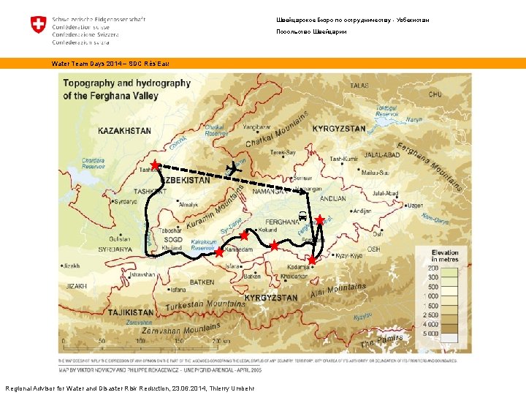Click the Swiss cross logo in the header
click(x=39, y=25)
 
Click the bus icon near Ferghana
click(x=302, y=217)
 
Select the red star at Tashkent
click(x=156, y=166)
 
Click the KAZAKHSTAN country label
click(x=125, y=131)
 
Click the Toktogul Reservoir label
click(x=386, y=110)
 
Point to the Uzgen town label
click(x=414, y=206)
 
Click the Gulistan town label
click(x=119, y=239)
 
